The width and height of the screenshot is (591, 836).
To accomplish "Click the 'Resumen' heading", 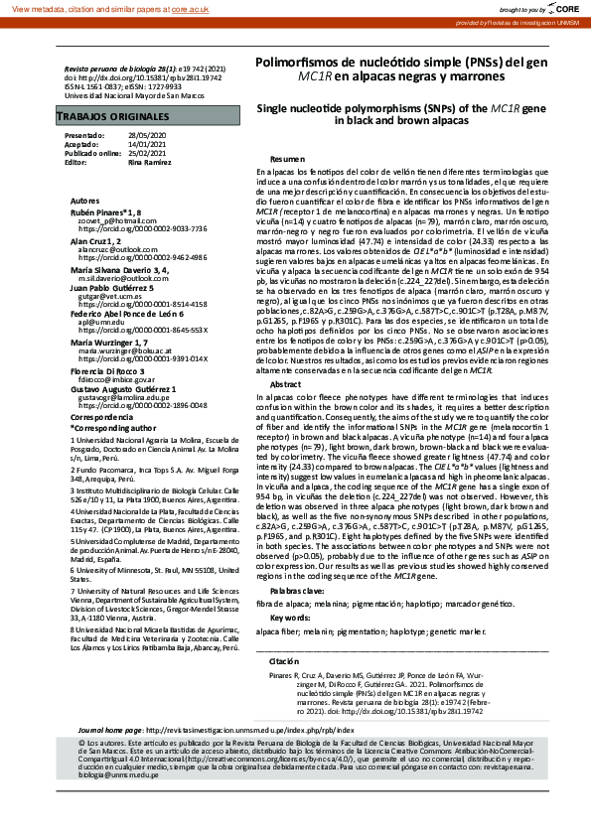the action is click(287, 159).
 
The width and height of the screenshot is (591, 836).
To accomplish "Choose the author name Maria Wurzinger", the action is click(104, 343).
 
